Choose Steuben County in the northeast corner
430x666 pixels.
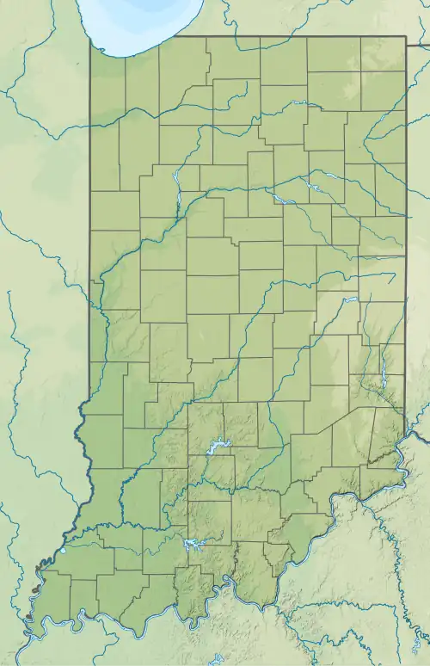point(383,52)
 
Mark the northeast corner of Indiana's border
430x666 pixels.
point(405,36)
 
